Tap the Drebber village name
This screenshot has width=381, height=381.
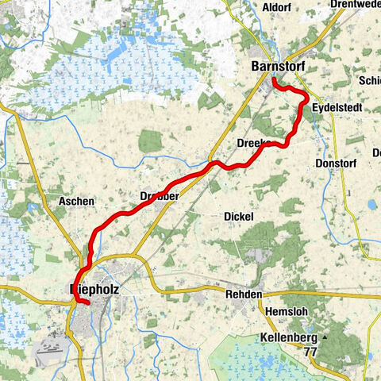pos(159,195)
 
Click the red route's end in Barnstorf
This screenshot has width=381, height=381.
pos(273,81)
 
